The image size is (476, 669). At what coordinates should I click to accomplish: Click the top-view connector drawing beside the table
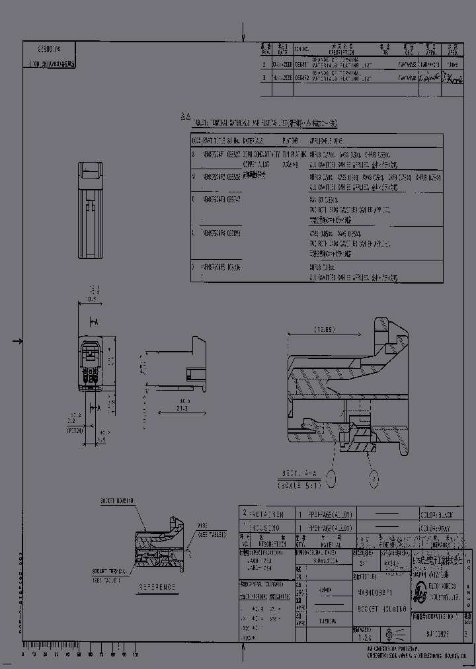[91, 210]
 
